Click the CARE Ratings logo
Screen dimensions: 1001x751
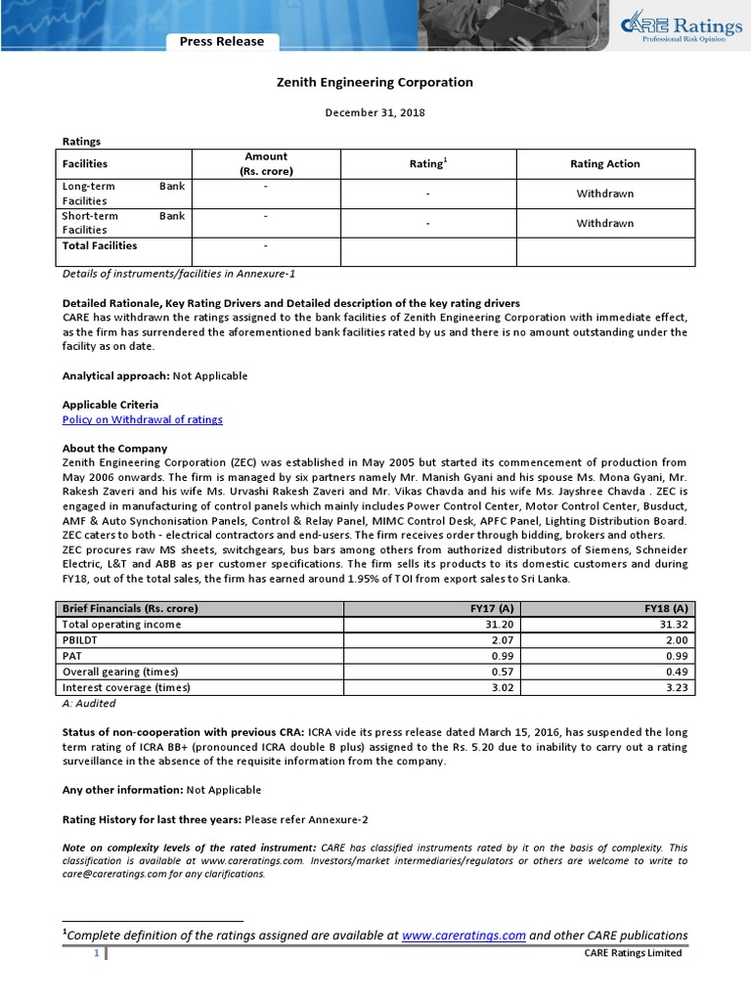pos(676,28)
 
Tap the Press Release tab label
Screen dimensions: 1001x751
pos(221,41)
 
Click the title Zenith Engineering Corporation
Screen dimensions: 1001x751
pos(375,82)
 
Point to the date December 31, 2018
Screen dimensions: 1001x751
pos(375,113)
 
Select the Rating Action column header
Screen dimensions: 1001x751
pos(604,163)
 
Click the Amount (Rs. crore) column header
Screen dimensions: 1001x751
pos(266,163)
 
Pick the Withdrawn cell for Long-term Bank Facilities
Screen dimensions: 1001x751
pos(604,194)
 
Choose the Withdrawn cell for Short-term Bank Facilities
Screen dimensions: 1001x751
pos(604,223)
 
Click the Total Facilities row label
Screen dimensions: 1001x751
pos(100,245)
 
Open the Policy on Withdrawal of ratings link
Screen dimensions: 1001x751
pos(143,419)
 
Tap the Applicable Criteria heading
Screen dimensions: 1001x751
pos(110,405)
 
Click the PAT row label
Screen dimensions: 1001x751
pos(72,655)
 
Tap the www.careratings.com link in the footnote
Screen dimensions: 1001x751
pos(464,935)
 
